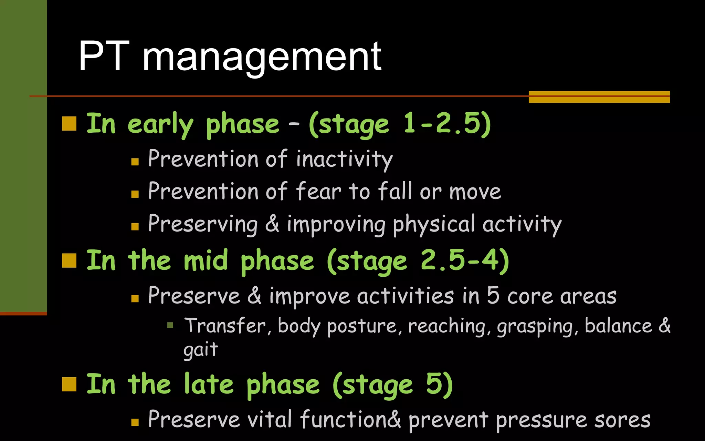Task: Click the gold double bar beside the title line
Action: (x=599, y=97)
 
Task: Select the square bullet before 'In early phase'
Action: (x=69, y=124)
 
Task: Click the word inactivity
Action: (x=344, y=160)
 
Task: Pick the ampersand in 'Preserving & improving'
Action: (x=272, y=224)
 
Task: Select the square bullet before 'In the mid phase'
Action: (x=69, y=260)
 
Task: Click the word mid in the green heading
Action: (x=206, y=260)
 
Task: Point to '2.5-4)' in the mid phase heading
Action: (x=465, y=260)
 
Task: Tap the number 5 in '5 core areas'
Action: (x=493, y=296)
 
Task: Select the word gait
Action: (x=201, y=350)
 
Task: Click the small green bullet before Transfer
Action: (x=170, y=325)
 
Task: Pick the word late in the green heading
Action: (x=209, y=384)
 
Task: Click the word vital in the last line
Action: (x=269, y=420)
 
